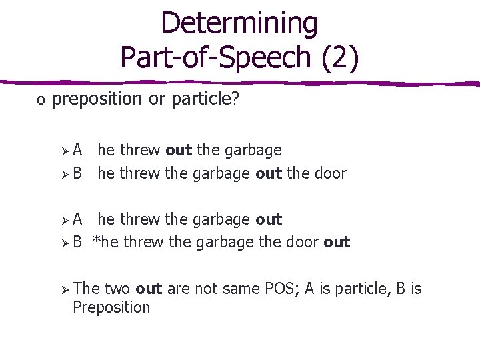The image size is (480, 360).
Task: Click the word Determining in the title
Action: click(239, 23)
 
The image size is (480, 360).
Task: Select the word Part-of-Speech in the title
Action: click(218, 57)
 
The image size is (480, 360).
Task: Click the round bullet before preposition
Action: click(41, 100)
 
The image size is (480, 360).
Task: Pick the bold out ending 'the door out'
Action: click(337, 242)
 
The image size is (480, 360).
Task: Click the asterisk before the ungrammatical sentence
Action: click(96, 241)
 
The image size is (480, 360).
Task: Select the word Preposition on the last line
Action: click(111, 307)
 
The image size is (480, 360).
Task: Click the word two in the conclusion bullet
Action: click(117, 289)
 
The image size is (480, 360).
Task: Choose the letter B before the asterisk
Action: click(77, 242)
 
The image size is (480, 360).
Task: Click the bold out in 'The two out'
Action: click(149, 289)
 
